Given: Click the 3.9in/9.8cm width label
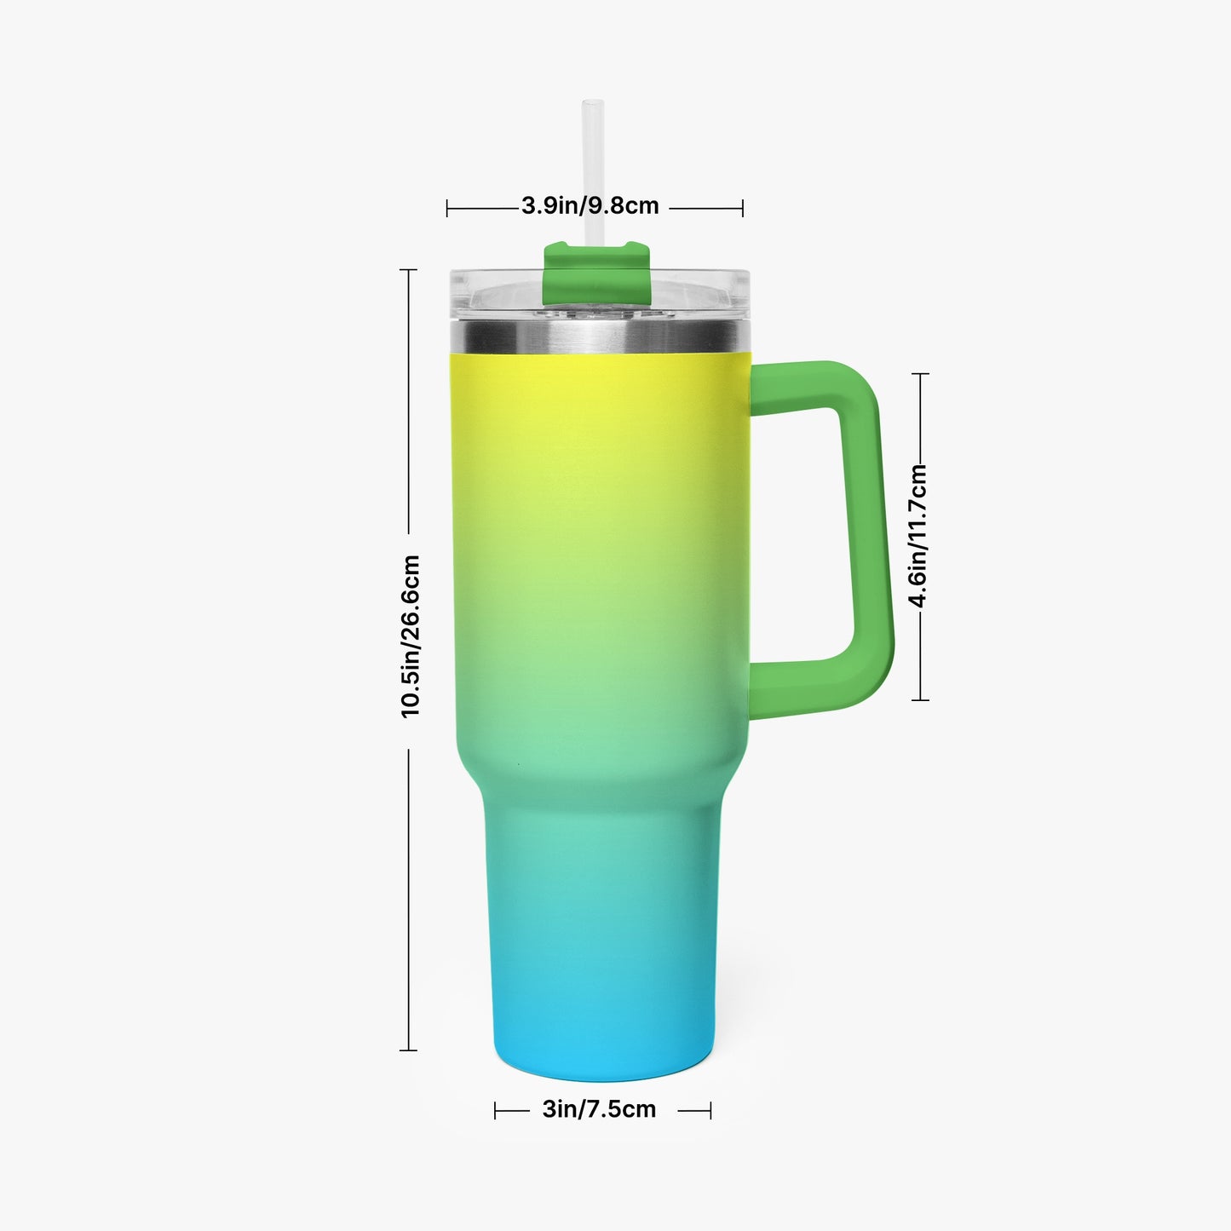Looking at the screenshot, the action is pyautogui.click(x=590, y=205).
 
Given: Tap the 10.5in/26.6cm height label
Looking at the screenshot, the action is pyautogui.click(x=410, y=637).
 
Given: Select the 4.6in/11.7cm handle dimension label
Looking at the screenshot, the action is pyautogui.click(x=917, y=536).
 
